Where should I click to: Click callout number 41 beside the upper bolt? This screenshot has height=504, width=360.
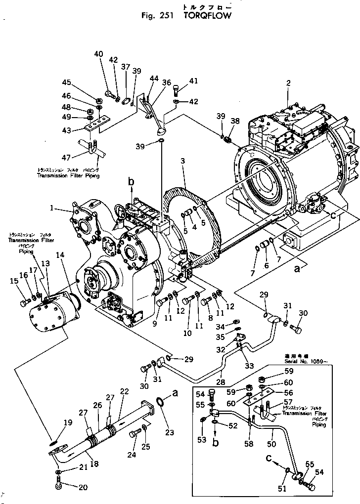click(x=193, y=81)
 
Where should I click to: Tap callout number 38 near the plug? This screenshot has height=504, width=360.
click(x=234, y=120)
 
